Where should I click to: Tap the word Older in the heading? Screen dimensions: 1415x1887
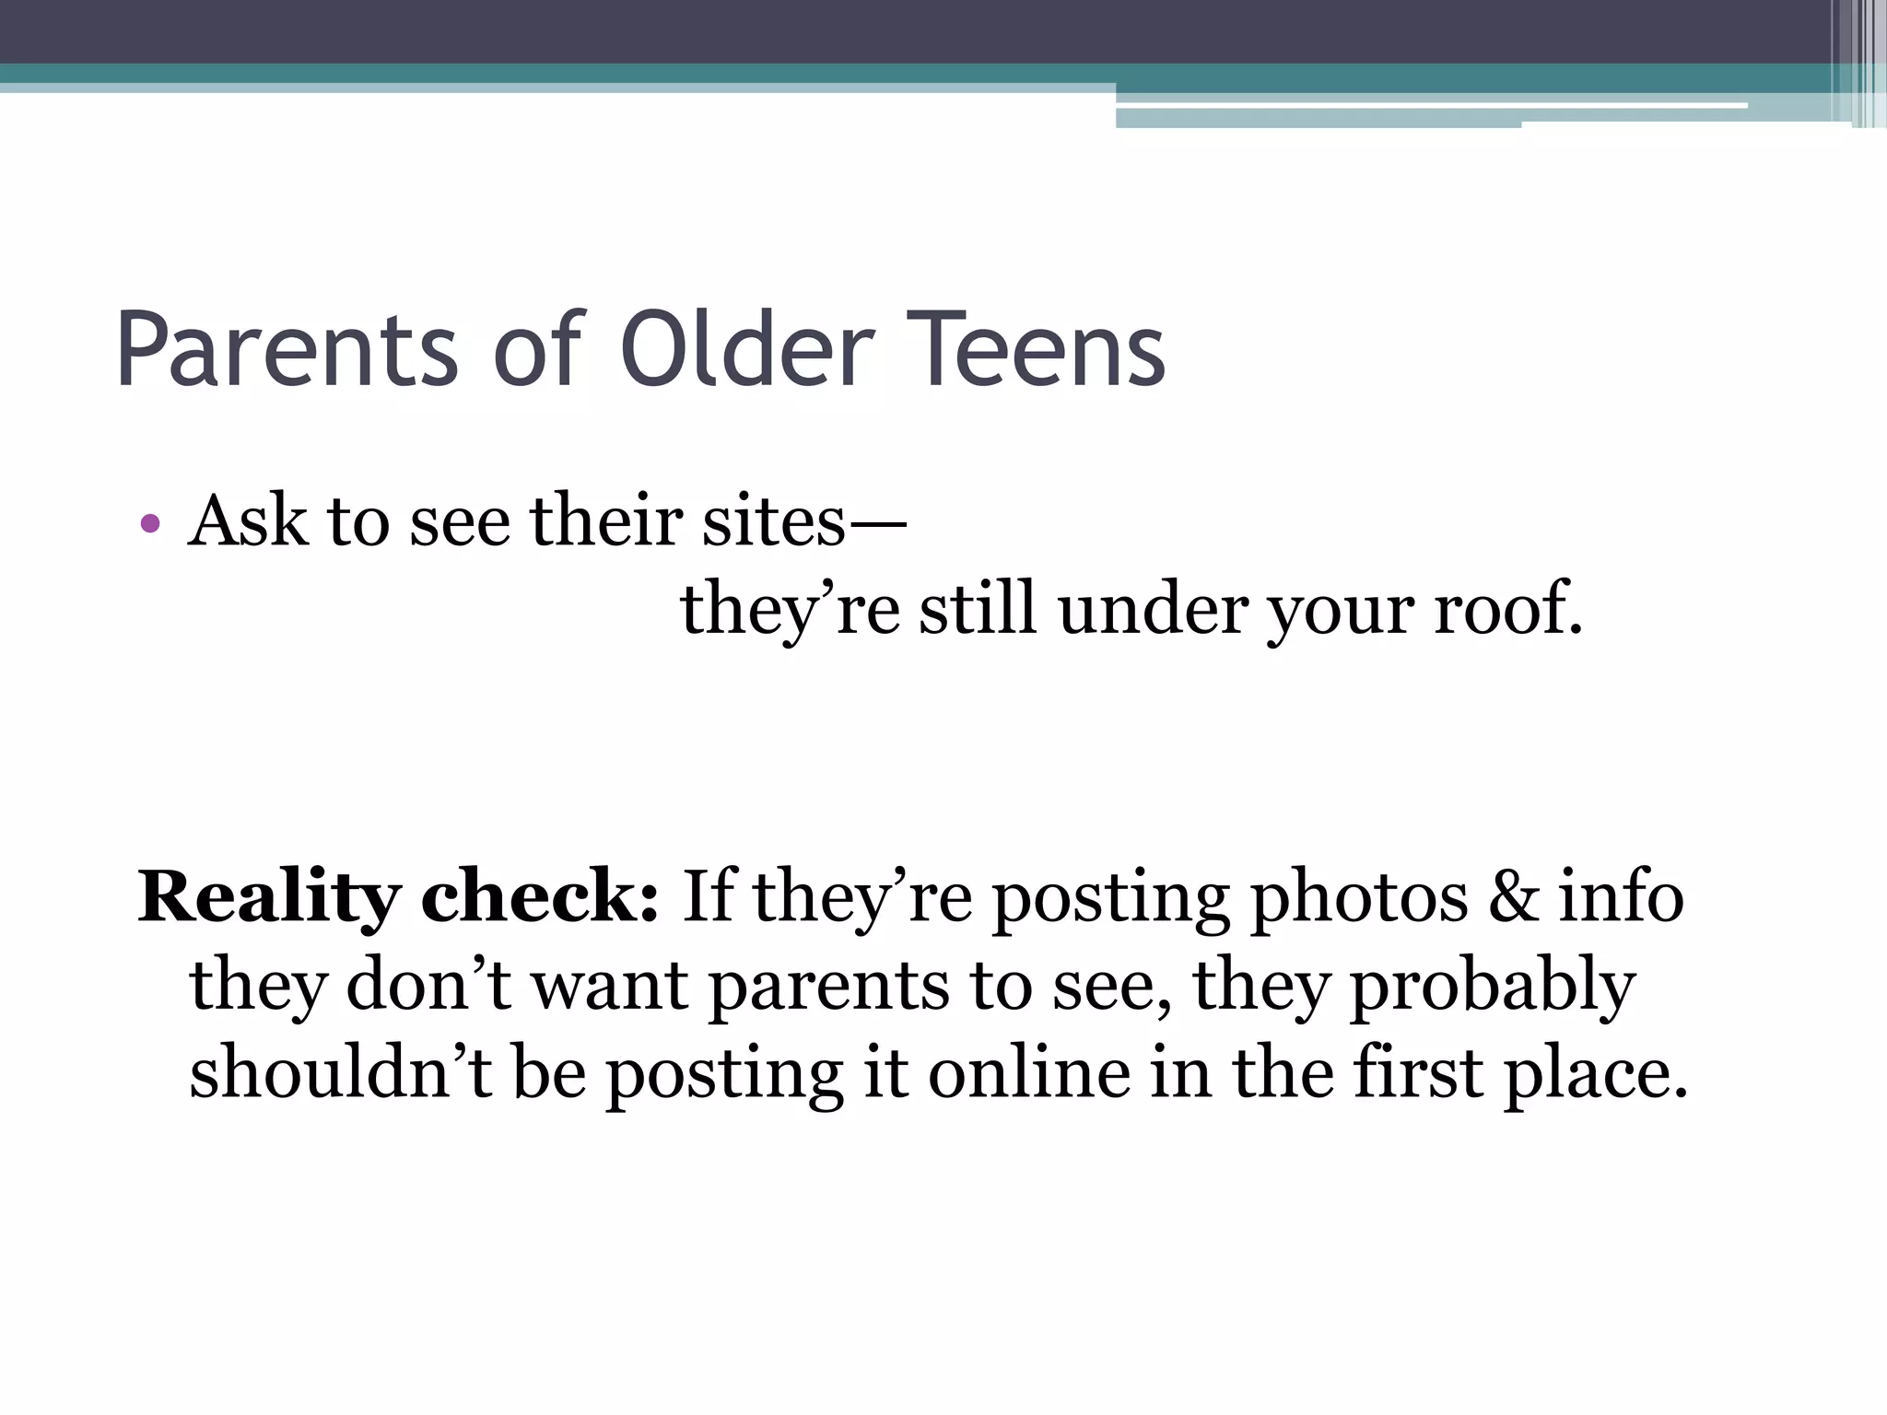point(746,351)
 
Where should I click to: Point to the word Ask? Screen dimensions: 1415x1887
point(247,521)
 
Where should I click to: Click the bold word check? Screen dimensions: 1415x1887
point(539,896)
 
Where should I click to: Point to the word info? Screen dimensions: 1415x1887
point(1621,896)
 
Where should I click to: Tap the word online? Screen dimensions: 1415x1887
point(1028,1073)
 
